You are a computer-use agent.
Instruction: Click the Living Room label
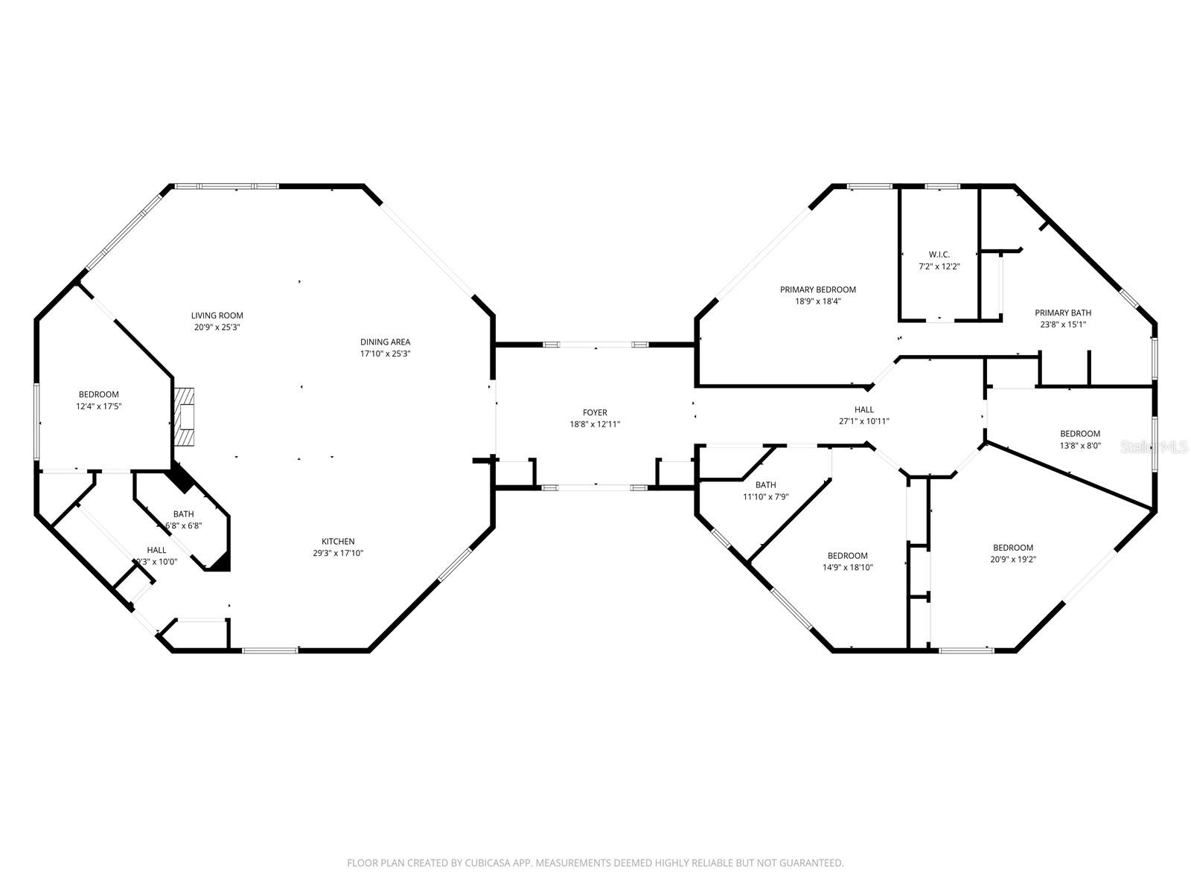pyautogui.click(x=217, y=316)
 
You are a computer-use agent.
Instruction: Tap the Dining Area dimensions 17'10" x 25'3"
pyautogui.click(x=385, y=354)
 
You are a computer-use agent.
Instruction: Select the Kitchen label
pyautogui.click(x=338, y=541)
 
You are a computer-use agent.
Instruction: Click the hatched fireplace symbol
pyautogui.click(x=184, y=417)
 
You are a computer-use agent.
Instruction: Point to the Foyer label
pyautogui.click(x=595, y=412)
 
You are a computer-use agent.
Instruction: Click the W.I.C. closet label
pyautogui.click(x=939, y=255)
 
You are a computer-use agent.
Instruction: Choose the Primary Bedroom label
pyautogui.click(x=817, y=289)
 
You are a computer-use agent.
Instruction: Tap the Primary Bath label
pyautogui.click(x=1063, y=313)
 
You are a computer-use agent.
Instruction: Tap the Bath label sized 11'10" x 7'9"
pyautogui.click(x=765, y=485)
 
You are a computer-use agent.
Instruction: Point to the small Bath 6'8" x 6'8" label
pyautogui.click(x=183, y=514)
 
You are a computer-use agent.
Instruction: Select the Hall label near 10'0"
pyautogui.click(x=156, y=550)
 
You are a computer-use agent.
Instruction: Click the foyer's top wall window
pyautogui.click(x=595, y=345)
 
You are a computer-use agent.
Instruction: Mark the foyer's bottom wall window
pyautogui.click(x=595, y=487)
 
